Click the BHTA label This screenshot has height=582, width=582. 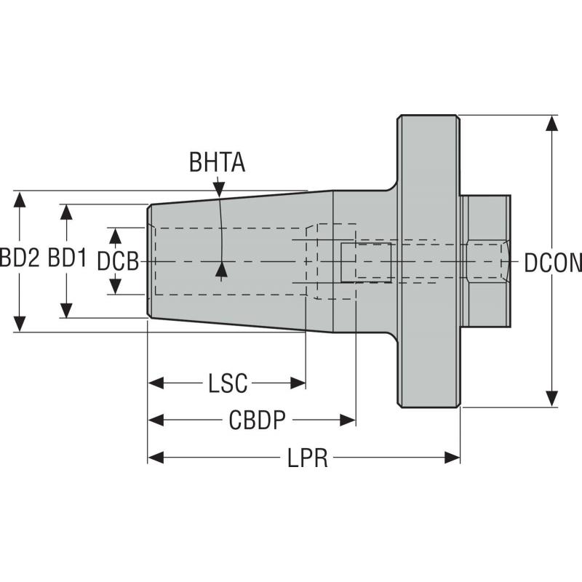217,162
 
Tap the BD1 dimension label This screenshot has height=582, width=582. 67,260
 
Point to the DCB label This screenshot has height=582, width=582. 118,260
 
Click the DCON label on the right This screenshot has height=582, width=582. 554,262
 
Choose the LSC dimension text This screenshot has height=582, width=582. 228,383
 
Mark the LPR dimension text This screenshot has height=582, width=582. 306,458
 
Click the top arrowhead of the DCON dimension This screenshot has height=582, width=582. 553,123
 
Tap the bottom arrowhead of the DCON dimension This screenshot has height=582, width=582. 553,399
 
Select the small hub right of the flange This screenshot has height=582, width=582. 486,260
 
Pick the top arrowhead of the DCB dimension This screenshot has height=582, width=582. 115,235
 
